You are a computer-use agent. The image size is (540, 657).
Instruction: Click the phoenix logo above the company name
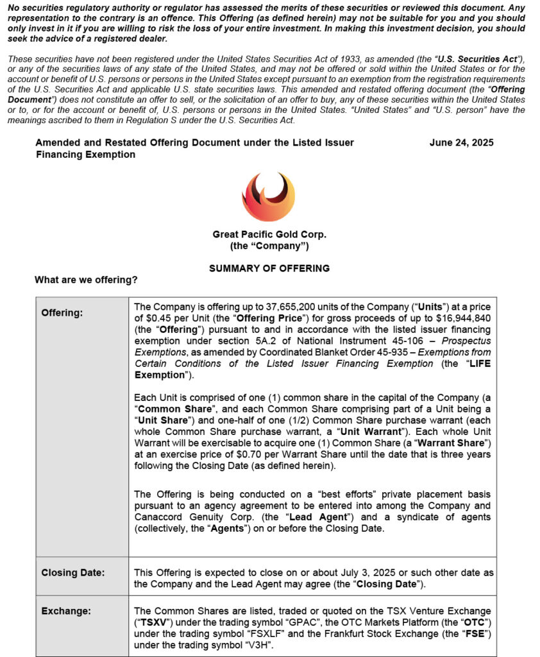point(268,197)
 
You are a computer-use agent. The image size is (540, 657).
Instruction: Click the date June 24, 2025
point(461,142)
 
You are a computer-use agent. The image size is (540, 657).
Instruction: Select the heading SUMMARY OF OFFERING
point(269,268)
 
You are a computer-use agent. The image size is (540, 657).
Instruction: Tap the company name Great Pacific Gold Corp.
point(269,235)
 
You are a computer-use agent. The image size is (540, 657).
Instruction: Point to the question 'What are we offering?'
point(86,280)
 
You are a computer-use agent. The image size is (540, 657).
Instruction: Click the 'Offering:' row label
point(62,313)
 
